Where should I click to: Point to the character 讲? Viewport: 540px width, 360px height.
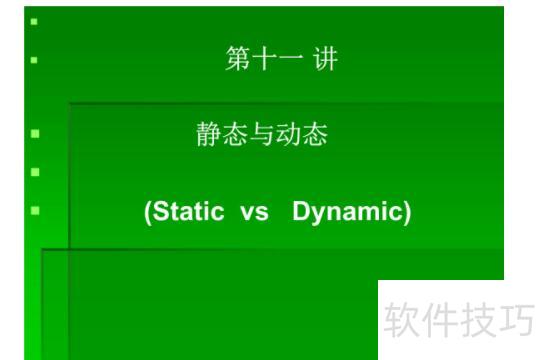tap(324, 60)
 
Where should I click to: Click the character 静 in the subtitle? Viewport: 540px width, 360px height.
tap(208, 135)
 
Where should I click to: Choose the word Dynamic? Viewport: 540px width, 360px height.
tap(347, 213)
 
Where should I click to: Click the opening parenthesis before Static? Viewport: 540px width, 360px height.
tap(148, 213)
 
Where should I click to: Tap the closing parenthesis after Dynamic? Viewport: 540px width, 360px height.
tap(406, 213)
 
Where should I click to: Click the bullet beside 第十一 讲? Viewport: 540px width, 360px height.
tap(35, 60)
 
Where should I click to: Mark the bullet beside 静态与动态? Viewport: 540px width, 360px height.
tap(35, 132)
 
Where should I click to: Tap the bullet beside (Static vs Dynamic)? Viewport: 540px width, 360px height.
tap(35, 211)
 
